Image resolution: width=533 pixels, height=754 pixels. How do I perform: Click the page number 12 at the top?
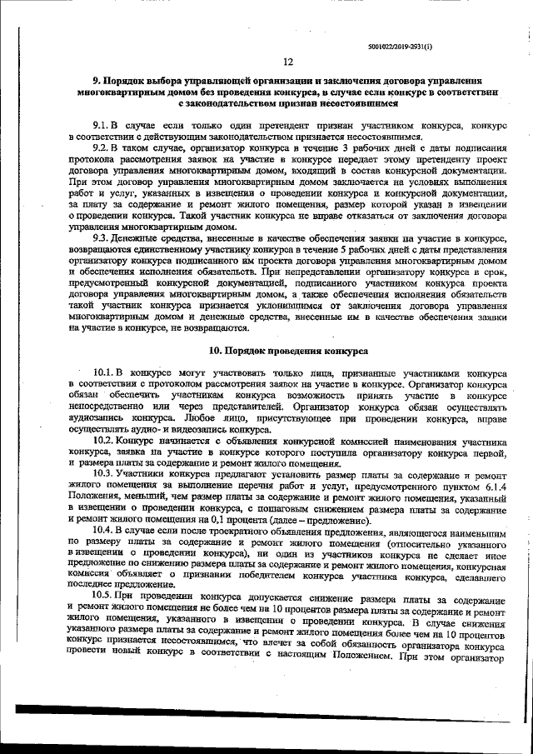click(287, 62)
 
